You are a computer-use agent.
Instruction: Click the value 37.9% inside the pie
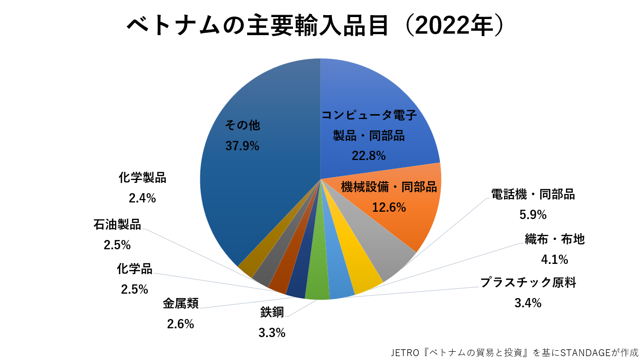(242, 146)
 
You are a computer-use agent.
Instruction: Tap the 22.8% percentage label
(369, 156)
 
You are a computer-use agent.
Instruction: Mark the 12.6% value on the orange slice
(389, 207)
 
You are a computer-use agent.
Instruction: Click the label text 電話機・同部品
(533, 195)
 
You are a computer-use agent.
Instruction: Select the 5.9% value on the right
(533, 215)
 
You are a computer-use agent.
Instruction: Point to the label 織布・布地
(555, 240)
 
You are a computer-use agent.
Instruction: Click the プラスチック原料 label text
(528, 282)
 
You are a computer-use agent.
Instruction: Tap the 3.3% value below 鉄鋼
(272, 333)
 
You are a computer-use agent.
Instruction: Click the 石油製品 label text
(117, 225)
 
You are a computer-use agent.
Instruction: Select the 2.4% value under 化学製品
(142, 198)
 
